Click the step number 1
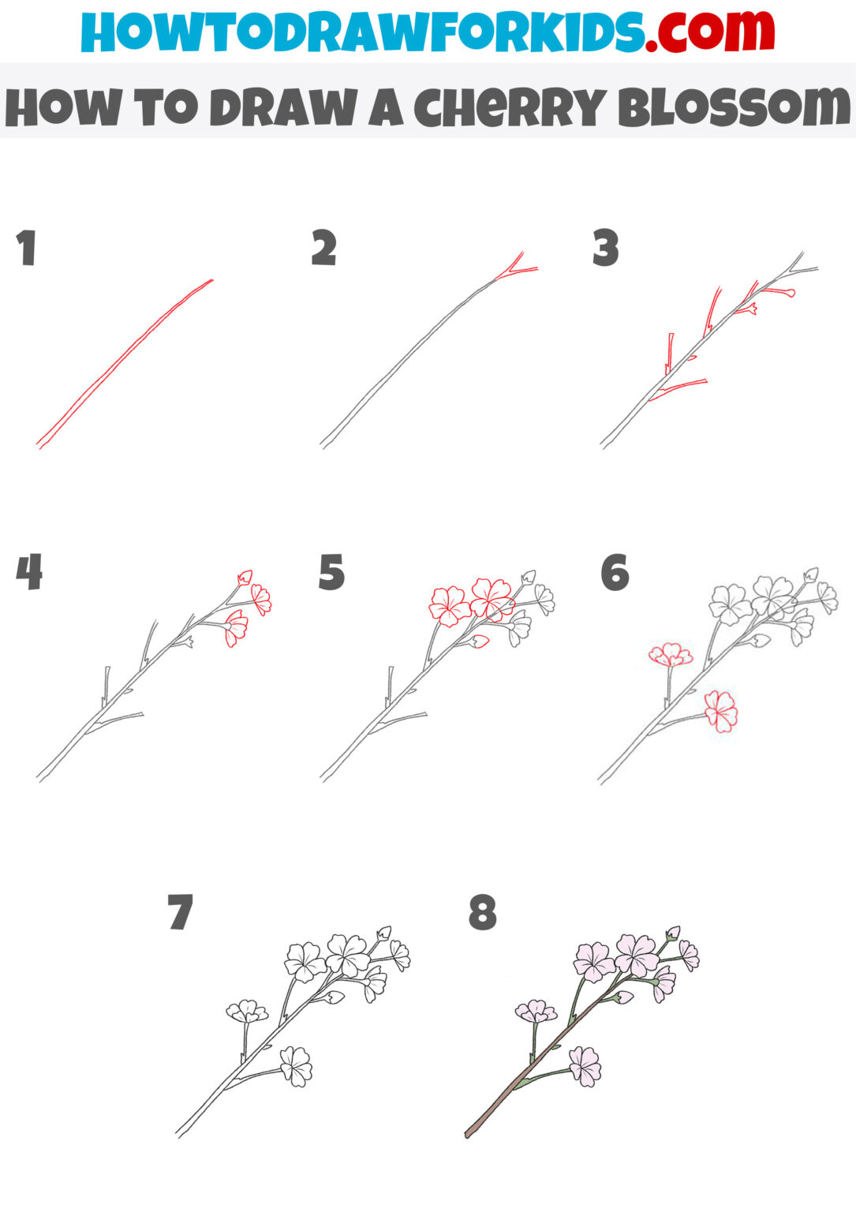[x=27, y=249]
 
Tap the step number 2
[x=323, y=249]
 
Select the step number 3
[x=605, y=249]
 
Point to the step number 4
[x=29, y=572]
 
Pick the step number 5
[x=331, y=572]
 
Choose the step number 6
[x=615, y=572]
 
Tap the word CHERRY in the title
[x=510, y=108]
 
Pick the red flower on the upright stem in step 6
[x=671, y=654]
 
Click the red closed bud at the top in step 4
[x=245, y=578]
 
